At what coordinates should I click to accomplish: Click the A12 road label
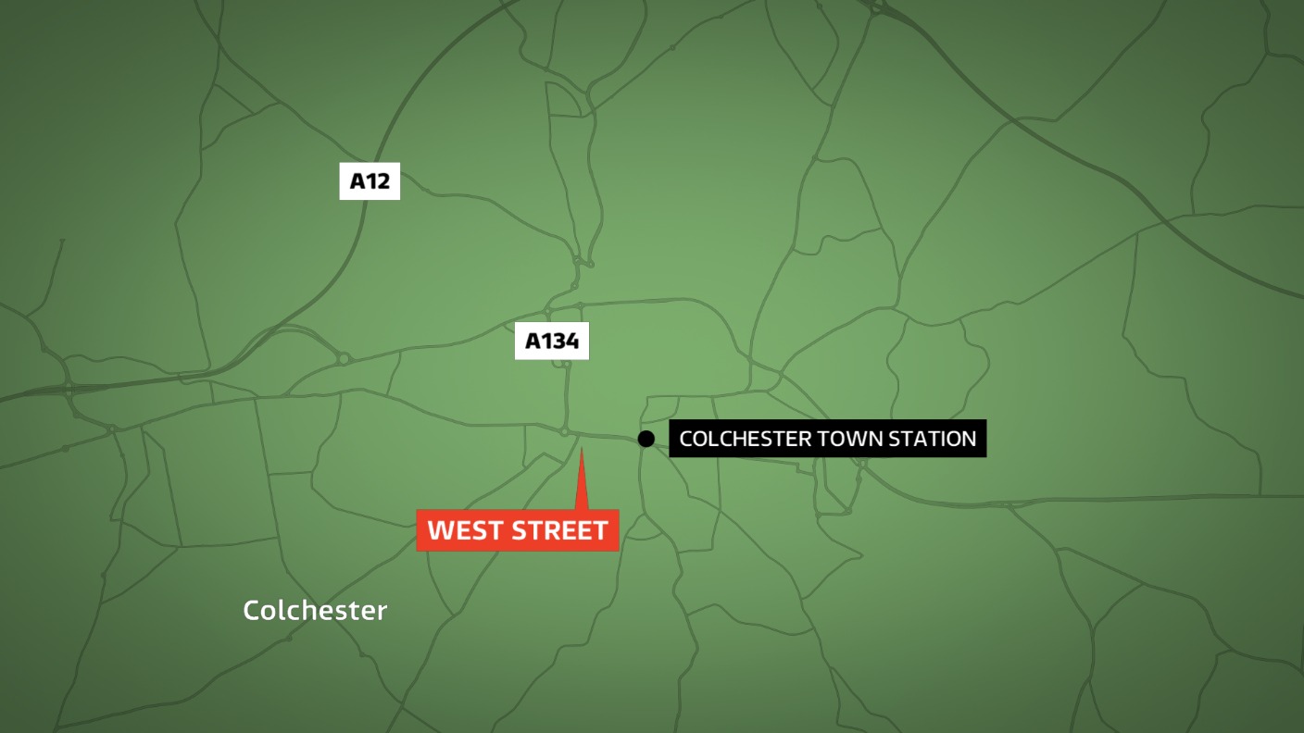coord(370,181)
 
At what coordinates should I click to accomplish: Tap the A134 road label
coord(552,342)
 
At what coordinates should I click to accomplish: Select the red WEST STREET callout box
coord(518,530)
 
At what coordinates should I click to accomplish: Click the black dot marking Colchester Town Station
coord(646,439)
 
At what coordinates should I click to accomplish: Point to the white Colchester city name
coord(315,611)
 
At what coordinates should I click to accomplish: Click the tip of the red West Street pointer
coord(582,451)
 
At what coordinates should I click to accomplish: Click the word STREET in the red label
coord(558,530)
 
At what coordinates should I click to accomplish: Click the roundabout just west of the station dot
coord(564,431)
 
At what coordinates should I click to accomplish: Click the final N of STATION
coord(969,439)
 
